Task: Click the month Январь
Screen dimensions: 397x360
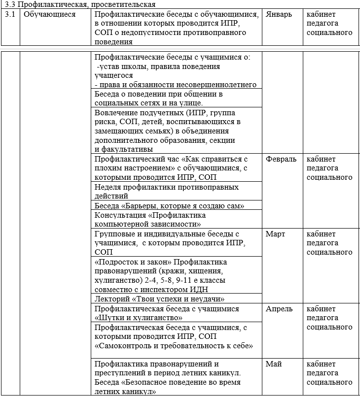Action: coord(279,14)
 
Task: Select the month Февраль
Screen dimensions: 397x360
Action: coord(281,159)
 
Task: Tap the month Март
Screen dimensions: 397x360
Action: coord(275,234)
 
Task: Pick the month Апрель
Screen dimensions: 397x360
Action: coord(279,309)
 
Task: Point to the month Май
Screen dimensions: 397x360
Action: coord(274,364)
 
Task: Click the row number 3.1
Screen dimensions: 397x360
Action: coord(10,14)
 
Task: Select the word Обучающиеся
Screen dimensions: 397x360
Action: coord(49,14)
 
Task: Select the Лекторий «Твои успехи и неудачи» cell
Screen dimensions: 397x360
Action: coord(159,299)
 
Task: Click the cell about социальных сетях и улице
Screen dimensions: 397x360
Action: coord(158,99)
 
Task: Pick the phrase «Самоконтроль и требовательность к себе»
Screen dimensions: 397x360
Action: coord(173,346)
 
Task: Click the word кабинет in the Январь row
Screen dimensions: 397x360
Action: coord(321,14)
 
